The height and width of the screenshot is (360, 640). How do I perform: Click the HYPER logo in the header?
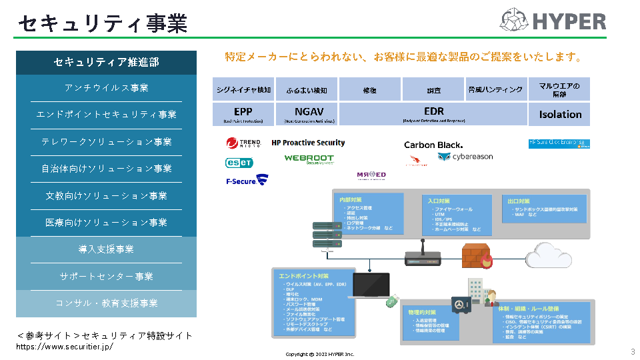tap(553, 20)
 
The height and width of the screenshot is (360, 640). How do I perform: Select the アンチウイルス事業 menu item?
tap(107, 88)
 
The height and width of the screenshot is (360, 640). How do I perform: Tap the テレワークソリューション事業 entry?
tap(107, 142)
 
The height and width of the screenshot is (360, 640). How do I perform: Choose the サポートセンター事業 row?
tap(107, 276)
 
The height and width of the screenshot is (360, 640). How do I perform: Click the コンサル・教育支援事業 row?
tap(107, 303)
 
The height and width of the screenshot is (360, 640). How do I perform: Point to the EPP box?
tap(243, 114)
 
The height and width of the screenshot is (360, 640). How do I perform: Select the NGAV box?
tap(305, 114)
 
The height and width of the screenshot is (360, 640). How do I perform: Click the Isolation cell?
tap(559, 114)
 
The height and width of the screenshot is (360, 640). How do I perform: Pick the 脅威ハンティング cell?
tap(495, 89)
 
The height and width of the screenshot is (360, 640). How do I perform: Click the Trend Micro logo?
tap(243, 143)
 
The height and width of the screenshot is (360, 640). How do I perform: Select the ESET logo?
tap(239, 163)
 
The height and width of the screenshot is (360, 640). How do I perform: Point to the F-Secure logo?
tap(247, 180)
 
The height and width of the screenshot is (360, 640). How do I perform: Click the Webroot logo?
tap(309, 159)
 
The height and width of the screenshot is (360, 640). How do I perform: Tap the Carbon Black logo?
tap(433, 145)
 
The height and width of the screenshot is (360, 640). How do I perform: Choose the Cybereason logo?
tap(465, 157)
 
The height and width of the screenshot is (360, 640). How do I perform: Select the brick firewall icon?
tap(476, 255)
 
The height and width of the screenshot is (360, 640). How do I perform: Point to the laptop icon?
tap(371, 285)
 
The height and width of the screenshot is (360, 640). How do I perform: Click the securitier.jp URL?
tap(65, 347)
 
